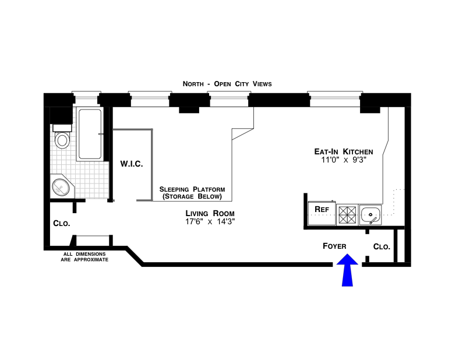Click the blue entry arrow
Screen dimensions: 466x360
click(x=347, y=271)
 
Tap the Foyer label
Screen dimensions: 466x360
click(x=335, y=246)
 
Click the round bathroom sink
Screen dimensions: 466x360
click(x=61, y=187)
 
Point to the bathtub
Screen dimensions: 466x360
click(x=90, y=135)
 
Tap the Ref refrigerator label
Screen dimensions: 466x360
click(x=321, y=209)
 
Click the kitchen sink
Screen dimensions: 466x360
click(x=370, y=214)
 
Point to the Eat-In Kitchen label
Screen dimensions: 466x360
click(x=343, y=151)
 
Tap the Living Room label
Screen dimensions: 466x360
click(x=210, y=213)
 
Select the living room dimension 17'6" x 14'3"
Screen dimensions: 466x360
click(x=210, y=222)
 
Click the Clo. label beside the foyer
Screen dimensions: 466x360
click(x=382, y=246)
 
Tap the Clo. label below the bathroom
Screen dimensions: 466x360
click(x=61, y=223)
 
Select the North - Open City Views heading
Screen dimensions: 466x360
click(x=227, y=84)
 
